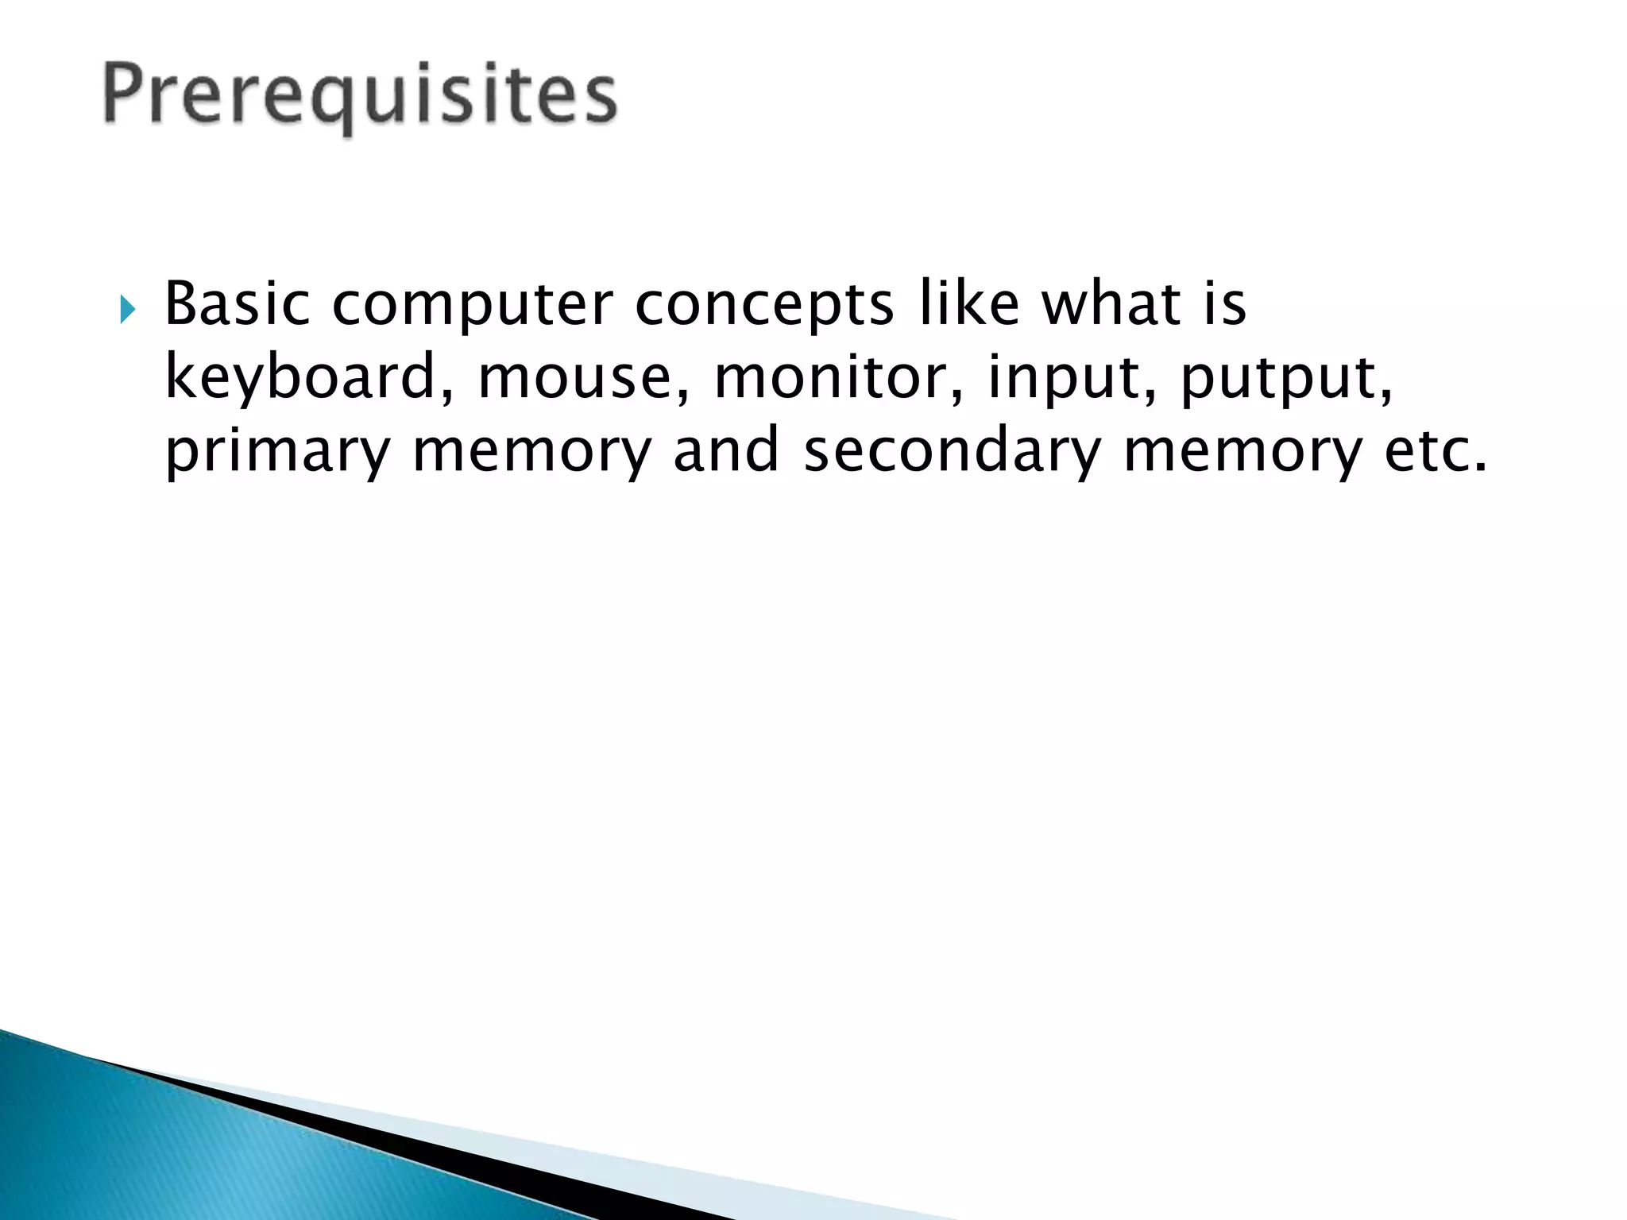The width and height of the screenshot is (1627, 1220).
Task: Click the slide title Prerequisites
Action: [x=360, y=97]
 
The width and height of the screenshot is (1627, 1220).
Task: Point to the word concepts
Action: [x=764, y=305]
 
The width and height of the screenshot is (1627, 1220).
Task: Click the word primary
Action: [x=277, y=451]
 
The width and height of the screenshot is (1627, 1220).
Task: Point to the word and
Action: [x=725, y=450]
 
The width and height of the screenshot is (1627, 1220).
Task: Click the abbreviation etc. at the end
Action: [x=1435, y=451]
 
